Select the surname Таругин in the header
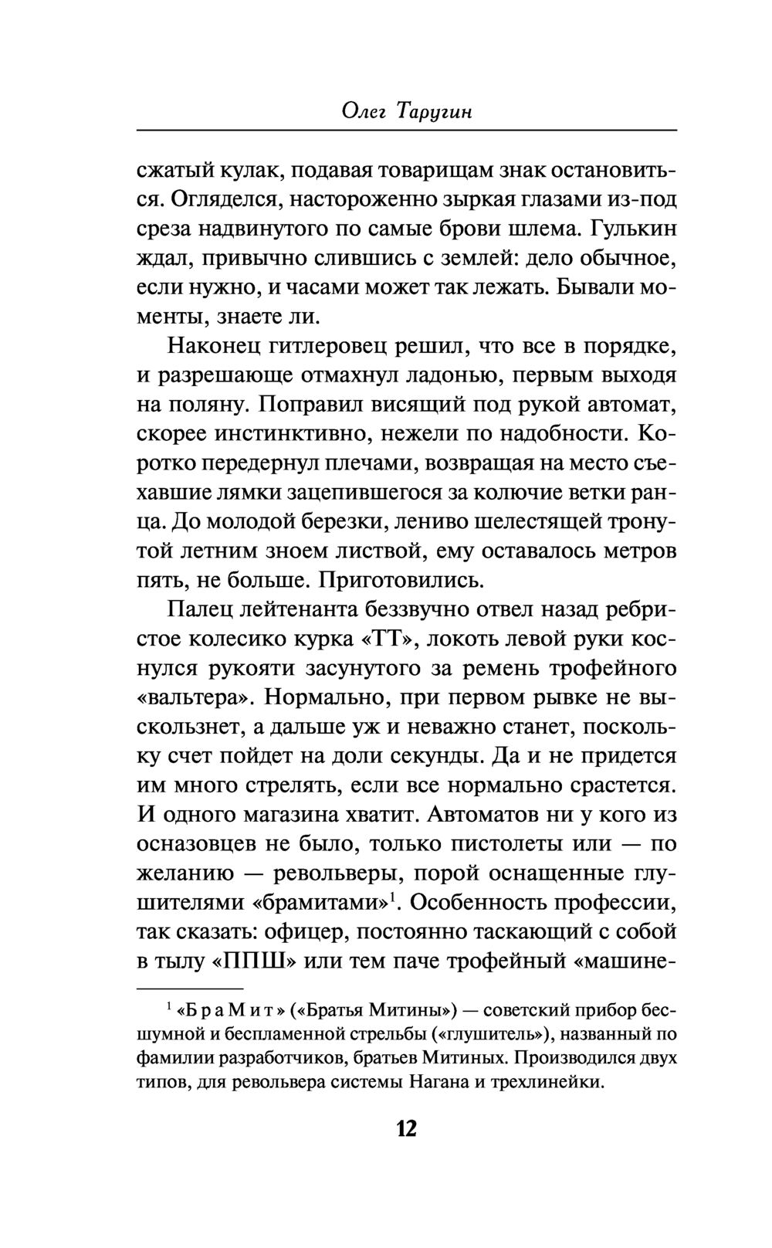[435, 112]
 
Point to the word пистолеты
[472, 844]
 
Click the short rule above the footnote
[190, 989]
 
